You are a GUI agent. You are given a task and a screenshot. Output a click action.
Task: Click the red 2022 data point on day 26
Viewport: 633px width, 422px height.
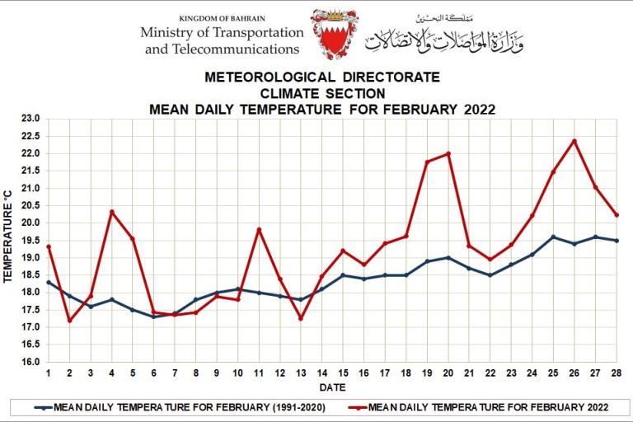tap(574, 141)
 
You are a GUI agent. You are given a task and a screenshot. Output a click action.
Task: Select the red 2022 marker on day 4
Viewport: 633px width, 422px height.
tap(111, 212)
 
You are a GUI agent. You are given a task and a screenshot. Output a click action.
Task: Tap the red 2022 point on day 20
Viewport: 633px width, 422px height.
tap(448, 153)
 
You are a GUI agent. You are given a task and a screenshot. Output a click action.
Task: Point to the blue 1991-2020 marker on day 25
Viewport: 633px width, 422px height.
tap(553, 237)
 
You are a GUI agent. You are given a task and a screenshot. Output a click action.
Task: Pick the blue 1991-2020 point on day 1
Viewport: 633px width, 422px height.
tap(49, 282)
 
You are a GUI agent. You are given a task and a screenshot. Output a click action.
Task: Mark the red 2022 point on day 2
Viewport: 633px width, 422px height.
tap(69, 321)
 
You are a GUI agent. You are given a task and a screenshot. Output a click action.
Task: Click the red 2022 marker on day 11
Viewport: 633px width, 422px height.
tap(259, 229)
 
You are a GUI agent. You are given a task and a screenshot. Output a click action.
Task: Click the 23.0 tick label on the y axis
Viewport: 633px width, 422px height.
tap(30, 119)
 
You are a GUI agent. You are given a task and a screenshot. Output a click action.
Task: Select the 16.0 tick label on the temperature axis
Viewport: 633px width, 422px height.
tap(30, 362)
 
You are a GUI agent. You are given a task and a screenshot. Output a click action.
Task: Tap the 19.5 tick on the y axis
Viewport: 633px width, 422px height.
tap(30, 240)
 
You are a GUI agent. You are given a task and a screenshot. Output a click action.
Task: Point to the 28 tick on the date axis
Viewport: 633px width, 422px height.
tap(617, 373)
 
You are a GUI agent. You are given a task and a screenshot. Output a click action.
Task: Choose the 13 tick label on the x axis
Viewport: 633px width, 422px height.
tap(301, 373)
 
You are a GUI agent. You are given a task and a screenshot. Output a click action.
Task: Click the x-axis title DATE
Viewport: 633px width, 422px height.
tap(332, 387)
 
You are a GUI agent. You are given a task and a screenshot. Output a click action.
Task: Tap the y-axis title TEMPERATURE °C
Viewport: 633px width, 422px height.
tap(9, 239)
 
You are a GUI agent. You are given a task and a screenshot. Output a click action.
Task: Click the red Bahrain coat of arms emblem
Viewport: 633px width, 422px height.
tap(334, 34)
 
